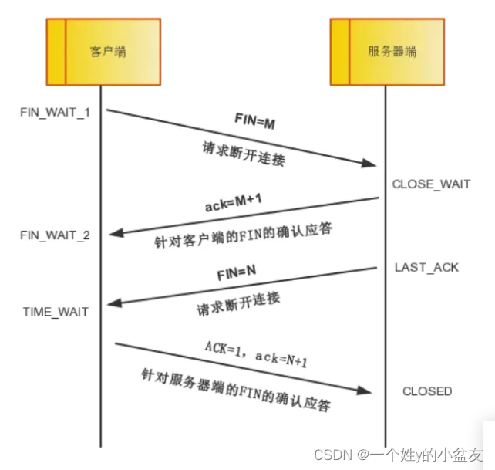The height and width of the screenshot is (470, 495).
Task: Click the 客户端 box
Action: [x=103, y=52]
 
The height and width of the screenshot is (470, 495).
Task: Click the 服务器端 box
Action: [x=387, y=52]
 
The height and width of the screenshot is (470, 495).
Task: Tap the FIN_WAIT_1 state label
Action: [x=55, y=112]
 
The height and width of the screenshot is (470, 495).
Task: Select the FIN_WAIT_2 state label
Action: [x=55, y=234]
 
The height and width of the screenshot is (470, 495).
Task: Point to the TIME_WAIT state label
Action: [x=55, y=312]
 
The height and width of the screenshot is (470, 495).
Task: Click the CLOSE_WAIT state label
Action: [x=431, y=184]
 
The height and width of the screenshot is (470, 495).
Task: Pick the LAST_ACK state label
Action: [x=426, y=267]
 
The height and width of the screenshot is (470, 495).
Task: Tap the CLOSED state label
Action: [x=427, y=391]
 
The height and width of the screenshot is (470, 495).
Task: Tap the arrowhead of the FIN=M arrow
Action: [x=371, y=164]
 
